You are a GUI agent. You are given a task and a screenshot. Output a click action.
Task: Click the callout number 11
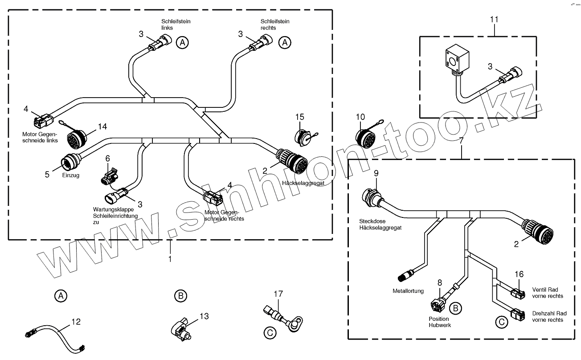point(494,20)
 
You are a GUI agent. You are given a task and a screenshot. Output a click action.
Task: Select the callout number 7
point(461,141)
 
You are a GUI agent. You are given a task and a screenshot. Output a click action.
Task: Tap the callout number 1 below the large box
point(169,258)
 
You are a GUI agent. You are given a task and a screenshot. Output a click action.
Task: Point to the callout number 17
point(278,294)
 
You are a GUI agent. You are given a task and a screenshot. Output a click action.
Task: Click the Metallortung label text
point(408,291)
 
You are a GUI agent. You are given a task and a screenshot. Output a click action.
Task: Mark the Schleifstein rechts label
point(275,24)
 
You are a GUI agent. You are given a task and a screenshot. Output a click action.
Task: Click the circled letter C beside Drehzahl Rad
point(502,322)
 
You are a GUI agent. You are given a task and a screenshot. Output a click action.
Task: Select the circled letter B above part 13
point(180,295)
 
